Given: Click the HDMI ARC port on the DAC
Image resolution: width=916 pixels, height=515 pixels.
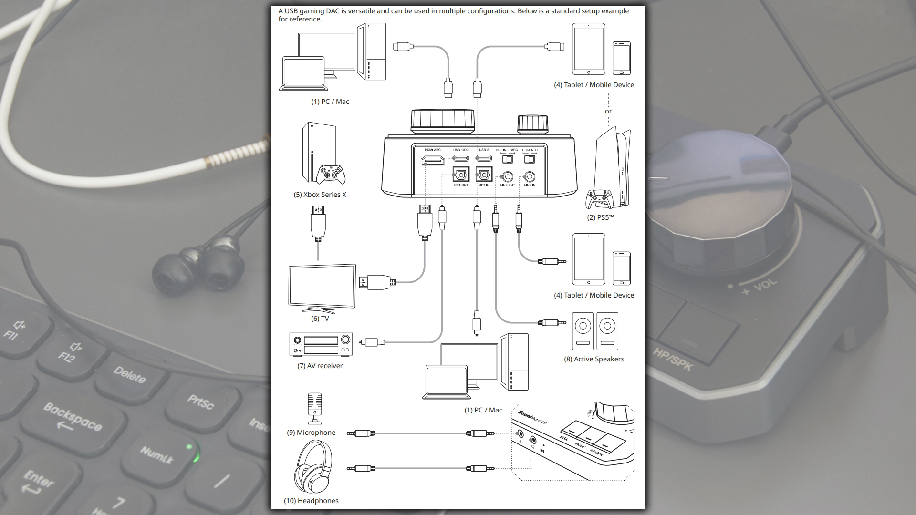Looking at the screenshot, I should (433, 161).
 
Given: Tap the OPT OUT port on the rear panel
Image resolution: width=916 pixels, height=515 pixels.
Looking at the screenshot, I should (461, 175).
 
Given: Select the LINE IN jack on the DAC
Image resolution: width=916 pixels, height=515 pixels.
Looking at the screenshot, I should (530, 177).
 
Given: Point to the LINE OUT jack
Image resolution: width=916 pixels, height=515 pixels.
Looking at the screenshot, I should (508, 177).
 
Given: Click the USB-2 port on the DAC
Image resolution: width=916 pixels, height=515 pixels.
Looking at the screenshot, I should (484, 158).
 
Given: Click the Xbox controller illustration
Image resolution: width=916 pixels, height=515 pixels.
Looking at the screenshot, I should (331, 175).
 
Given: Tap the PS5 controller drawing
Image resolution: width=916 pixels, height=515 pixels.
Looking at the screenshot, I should (599, 198).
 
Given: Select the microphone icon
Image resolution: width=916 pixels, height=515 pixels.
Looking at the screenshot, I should (314, 408).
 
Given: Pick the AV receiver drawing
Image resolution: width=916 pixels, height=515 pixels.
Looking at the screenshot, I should (321, 344).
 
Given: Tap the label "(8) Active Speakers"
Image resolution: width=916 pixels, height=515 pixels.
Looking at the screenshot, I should (594, 359).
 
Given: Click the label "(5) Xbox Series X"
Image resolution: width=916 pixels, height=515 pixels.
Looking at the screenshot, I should (320, 195).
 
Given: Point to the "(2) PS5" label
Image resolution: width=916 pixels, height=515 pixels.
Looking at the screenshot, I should (600, 217).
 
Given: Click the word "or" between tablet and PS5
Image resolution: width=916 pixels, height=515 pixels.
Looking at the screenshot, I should (608, 111).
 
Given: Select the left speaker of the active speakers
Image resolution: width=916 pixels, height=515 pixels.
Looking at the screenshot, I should (583, 331).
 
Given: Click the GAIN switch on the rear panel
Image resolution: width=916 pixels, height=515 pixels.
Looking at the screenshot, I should (530, 159).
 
